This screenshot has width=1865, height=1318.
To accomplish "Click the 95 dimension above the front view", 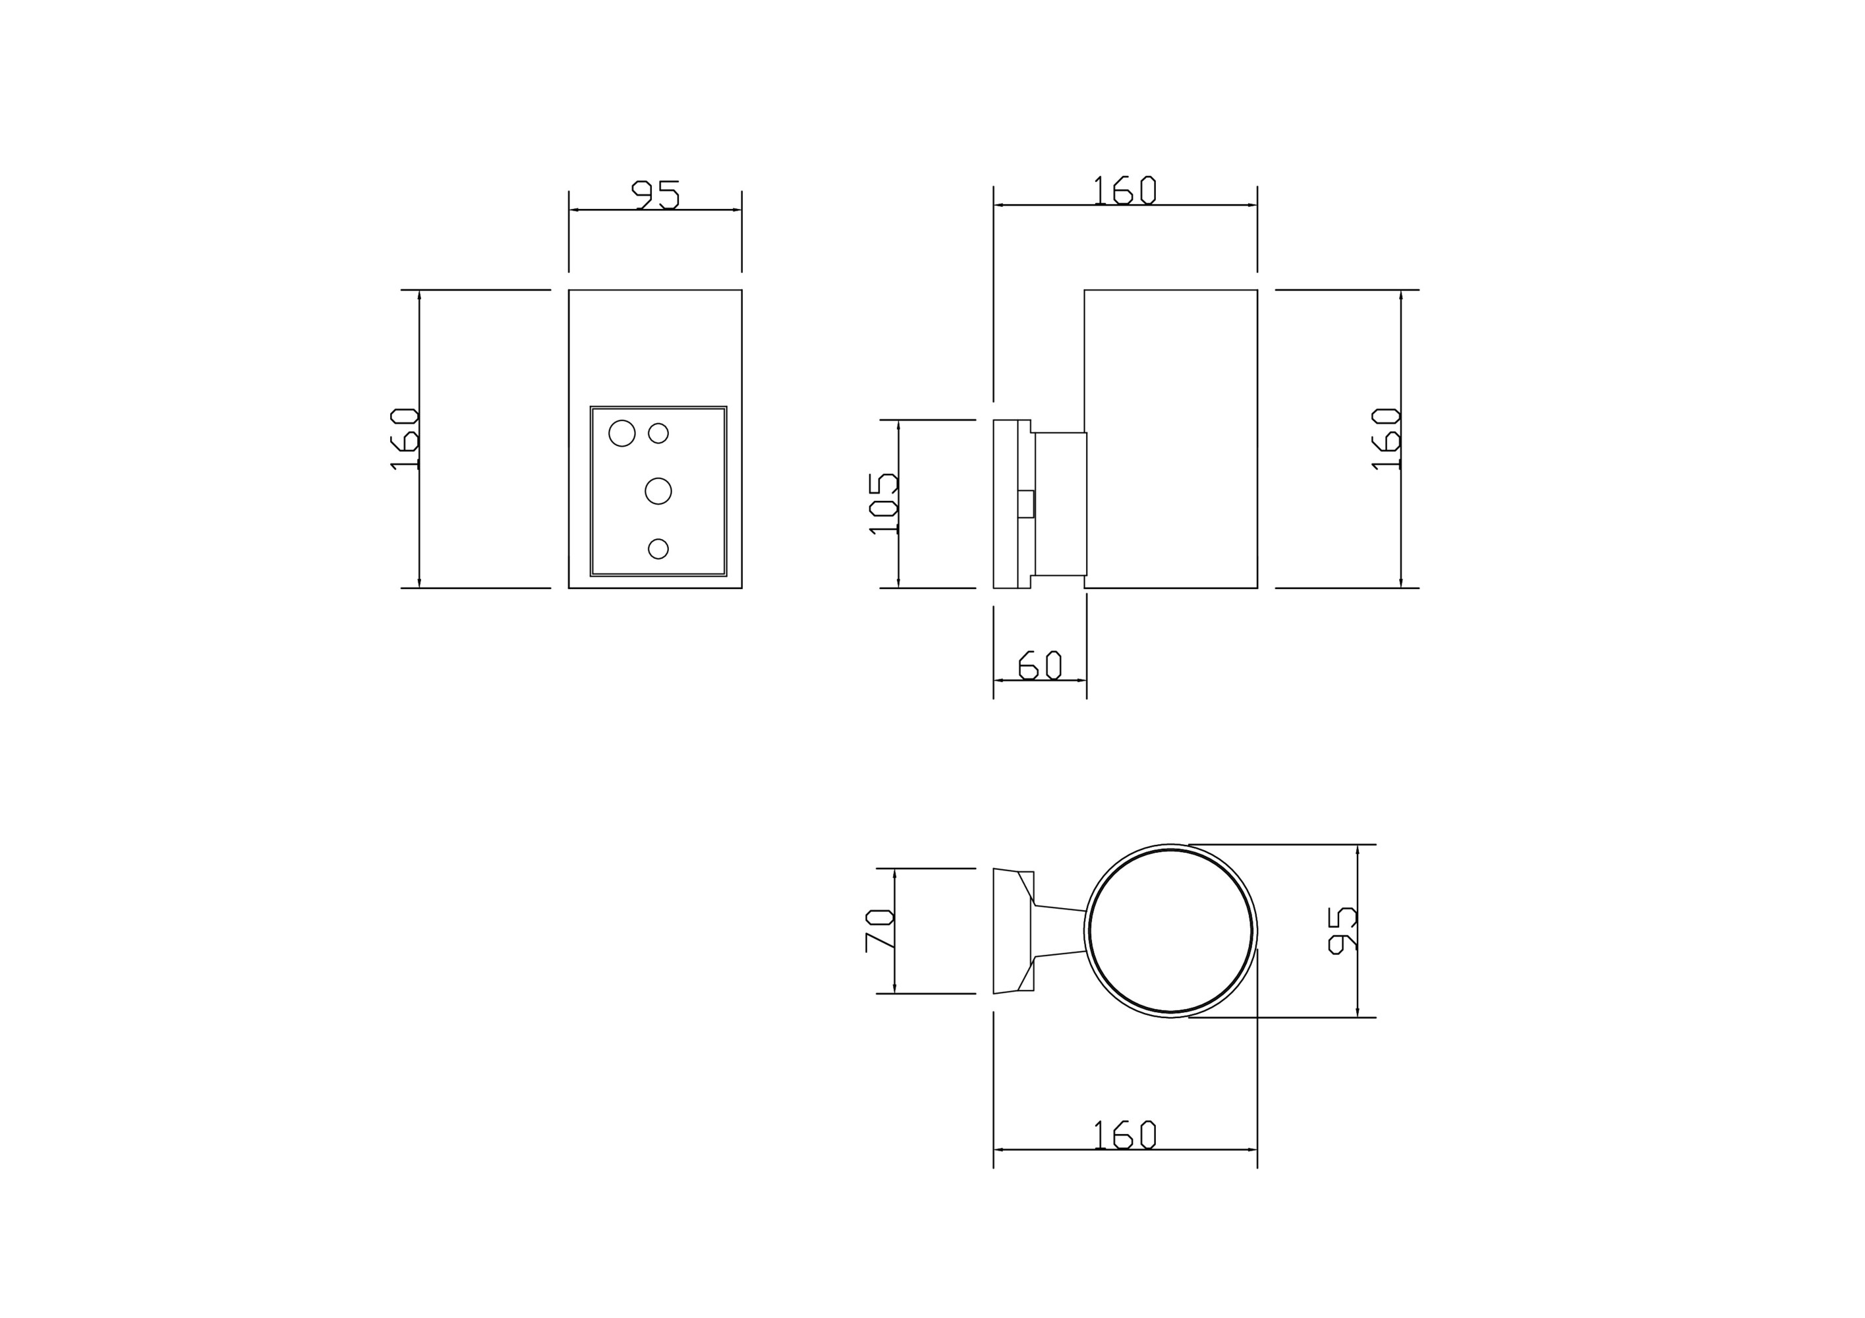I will pos(656,195).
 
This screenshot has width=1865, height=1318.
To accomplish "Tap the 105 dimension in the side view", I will pos(883,503).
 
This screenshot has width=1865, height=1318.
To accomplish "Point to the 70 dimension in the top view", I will pos(880,931).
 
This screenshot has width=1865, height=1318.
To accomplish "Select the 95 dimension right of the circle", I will pos(1342,931).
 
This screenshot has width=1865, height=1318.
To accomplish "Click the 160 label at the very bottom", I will pos(1125,1135).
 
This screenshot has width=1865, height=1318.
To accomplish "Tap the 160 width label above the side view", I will pos(1125,191).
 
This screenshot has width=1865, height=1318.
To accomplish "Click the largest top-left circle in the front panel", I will pos(622,434).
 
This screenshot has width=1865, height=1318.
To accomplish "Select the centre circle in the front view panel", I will pos(658,492).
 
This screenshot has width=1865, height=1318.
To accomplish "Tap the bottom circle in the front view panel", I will pos(658,549).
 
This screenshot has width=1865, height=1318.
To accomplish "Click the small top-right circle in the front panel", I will pos(658,434).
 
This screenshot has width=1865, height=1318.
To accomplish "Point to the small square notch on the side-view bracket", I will pos(1026,504).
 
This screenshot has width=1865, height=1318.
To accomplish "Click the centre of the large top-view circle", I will pos(1170,931).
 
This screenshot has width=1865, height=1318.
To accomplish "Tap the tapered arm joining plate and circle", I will pos(1060,931).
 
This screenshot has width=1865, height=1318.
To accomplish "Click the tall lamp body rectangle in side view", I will pos(1170,438).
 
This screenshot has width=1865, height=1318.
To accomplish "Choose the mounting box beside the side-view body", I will pos(1060,504).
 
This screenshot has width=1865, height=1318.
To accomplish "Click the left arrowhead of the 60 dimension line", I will pos(998,681).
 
